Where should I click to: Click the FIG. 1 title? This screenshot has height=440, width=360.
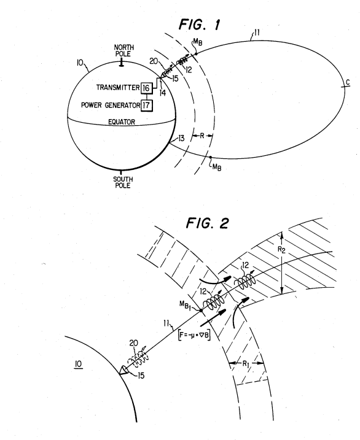tap(200, 25)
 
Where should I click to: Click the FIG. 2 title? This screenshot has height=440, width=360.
tap(207, 223)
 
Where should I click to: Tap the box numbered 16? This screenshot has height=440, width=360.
tap(146, 88)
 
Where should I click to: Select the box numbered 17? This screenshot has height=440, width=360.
tap(146, 106)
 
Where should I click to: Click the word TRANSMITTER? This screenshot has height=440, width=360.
tap(118, 88)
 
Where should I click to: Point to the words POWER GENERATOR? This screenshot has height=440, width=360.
tap(111, 105)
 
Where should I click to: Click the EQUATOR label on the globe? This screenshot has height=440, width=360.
tap(122, 122)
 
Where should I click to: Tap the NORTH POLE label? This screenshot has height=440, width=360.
tap(123, 51)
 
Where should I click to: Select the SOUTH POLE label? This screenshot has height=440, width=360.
tap(123, 182)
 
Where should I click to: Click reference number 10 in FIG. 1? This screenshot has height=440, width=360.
tap(80, 63)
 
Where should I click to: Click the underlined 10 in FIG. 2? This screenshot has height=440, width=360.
tap(79, 365)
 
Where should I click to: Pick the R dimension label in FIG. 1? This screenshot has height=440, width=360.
tap(202, 136)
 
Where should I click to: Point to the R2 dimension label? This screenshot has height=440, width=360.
tap(281, 250)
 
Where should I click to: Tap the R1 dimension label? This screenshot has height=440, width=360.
tap(246, 364)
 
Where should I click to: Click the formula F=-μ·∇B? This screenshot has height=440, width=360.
tap(194, 335)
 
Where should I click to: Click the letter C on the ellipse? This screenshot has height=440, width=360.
tap(348, 82)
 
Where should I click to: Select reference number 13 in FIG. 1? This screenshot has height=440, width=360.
tap(181, 138)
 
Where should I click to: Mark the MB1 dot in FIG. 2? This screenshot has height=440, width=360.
tap(201, 310)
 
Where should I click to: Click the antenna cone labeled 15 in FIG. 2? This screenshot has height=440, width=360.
tap(123, 370)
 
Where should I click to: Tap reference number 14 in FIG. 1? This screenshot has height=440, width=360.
tap(163, 93)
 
